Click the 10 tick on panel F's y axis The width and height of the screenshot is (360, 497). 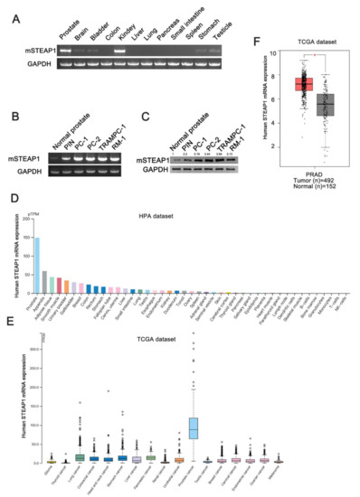pyautogui.click(x=261, y=53)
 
